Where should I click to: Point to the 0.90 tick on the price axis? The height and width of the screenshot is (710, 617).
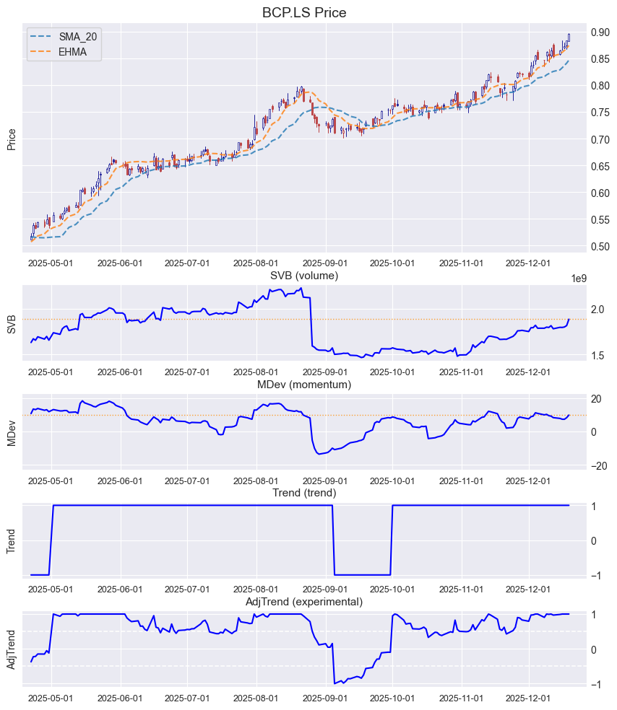point(601,32)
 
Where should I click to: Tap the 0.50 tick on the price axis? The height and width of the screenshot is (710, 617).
point(601,247)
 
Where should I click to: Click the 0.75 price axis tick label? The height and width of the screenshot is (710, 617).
point(601,113)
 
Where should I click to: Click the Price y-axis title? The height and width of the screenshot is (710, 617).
point(12,139)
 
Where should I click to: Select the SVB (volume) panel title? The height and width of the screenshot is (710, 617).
point(304,276)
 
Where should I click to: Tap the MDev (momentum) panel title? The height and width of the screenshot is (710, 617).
point(304,385)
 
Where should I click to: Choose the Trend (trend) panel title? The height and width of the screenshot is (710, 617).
point(304,493)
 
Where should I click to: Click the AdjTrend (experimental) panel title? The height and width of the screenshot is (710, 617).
point(304,602)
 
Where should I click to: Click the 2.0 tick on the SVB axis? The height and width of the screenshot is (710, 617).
point(598,310)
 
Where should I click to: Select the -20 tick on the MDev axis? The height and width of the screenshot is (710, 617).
point(598,465)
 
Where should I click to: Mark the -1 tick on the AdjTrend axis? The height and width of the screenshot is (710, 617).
point(595,685)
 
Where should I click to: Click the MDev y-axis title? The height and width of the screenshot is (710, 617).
point(12,431)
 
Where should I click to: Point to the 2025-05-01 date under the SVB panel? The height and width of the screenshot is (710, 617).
point(51,372)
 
